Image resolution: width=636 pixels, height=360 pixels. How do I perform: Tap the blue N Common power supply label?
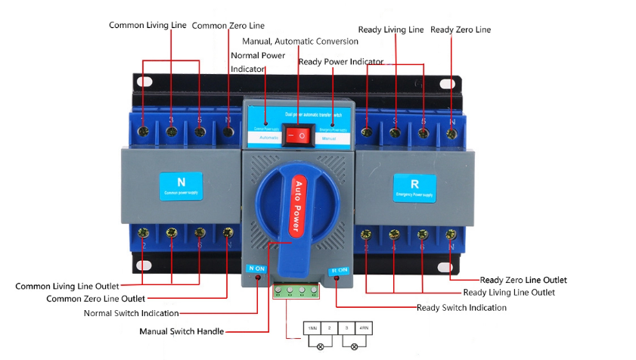coord(181,185)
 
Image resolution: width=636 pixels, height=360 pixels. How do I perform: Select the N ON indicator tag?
coord(256,268)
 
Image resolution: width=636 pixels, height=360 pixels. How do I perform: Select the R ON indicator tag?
coord(339,270)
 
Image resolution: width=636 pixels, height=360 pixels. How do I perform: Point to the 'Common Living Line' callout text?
coord(147,25)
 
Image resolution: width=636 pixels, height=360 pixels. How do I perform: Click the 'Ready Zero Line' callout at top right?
coord(461,29)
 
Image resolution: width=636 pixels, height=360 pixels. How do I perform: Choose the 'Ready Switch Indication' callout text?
coord(461,308)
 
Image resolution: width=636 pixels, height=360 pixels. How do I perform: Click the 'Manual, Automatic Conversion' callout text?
coord(300,41)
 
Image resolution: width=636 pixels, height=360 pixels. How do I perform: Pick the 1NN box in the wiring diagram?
coord(312,328)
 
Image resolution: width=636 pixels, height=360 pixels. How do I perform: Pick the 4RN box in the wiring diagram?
coord(364,328)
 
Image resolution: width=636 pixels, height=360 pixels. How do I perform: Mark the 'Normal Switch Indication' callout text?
coord(131,313)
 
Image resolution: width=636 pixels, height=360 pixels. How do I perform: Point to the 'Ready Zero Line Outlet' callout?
coord(523,280)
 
